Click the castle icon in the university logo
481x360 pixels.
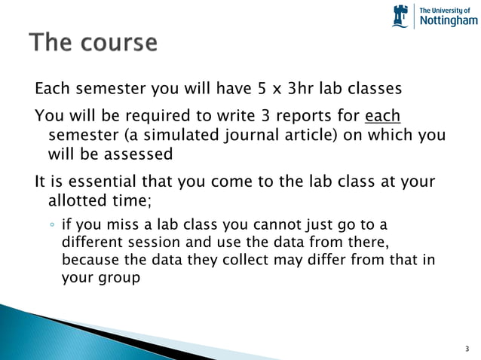tap(400, 16)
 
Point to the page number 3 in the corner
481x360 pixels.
tap(467, 349)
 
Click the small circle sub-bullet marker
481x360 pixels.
tap(51, 226)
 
